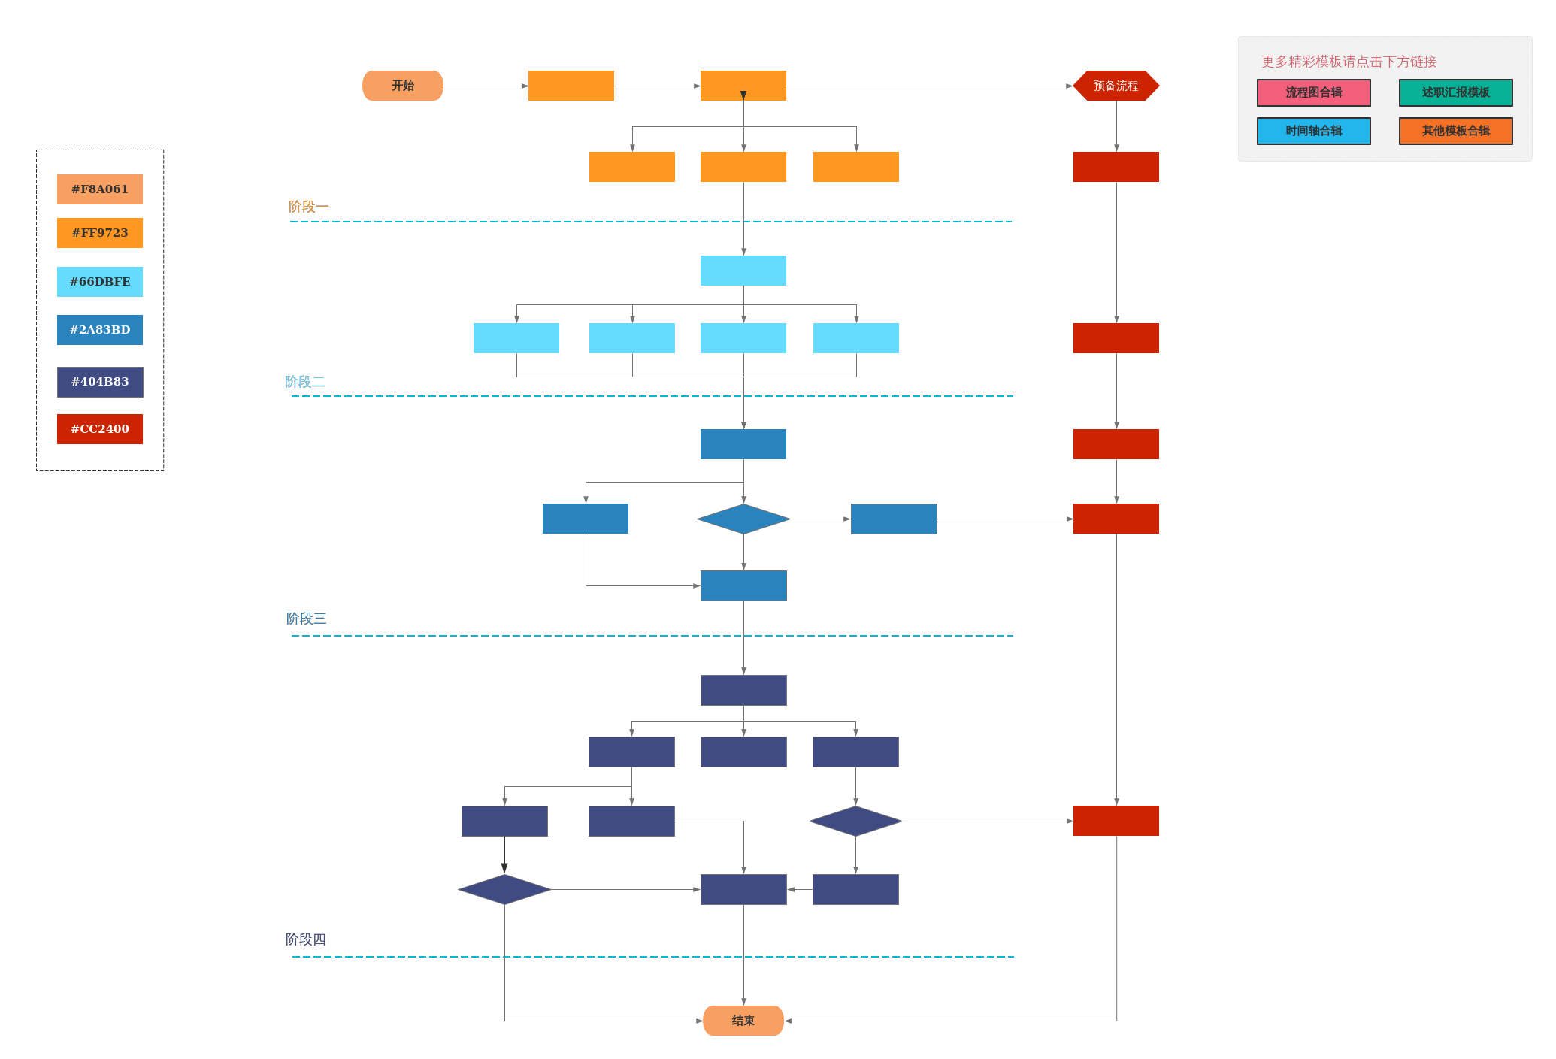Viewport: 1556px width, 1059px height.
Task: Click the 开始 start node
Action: pos(403,86)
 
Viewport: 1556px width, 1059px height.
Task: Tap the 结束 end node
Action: pos(743,1020)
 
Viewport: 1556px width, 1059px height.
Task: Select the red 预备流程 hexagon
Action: pos(1116,86)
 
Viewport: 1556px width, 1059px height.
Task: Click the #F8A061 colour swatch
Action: pos(100,189)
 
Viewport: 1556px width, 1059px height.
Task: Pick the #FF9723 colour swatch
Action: pos(100,233)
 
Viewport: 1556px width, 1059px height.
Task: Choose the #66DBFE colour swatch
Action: pos(100,282)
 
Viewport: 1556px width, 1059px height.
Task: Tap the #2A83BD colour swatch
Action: pos(100,330)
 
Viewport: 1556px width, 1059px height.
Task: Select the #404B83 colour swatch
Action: pos(100,382)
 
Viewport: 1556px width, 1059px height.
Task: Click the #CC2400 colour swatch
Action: pos(100,429)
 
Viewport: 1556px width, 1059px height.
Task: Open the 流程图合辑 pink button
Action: pos(1313,92)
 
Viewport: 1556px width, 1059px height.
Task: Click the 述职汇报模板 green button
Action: pos(1455,92)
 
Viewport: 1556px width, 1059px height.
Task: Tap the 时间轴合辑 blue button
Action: pos(1313,131)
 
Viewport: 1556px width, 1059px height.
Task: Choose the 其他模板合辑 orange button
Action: pos(1455,131)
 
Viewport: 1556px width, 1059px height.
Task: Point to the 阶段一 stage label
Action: pos(308,207)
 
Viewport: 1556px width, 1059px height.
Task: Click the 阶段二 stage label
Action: pos(305,382)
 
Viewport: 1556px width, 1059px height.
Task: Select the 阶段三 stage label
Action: pos(306,619)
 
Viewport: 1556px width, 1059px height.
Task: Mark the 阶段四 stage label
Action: pos(305,939)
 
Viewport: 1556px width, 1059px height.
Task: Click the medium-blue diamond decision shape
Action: pos(743,519)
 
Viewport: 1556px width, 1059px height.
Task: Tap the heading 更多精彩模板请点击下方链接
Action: pos(1349,62)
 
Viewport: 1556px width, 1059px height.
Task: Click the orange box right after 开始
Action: pos(571,86)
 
